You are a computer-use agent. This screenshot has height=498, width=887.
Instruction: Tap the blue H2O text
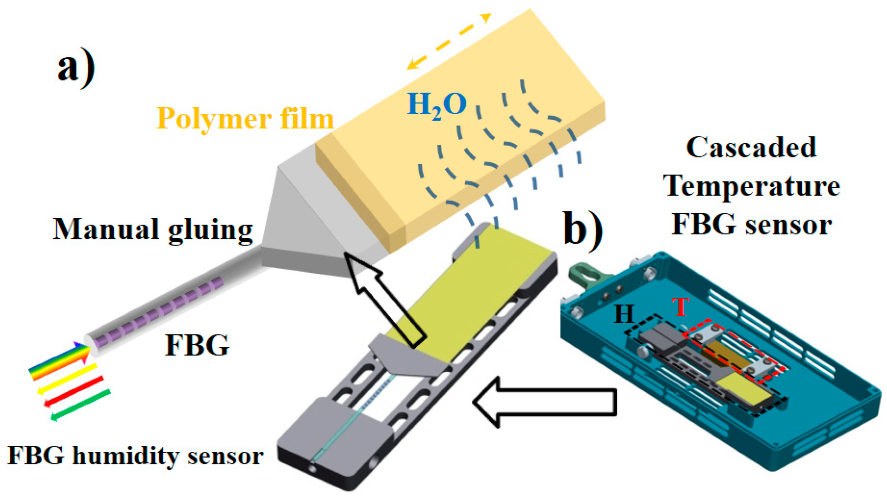[437, 105]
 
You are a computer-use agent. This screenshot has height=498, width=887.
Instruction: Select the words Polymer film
[245, 119]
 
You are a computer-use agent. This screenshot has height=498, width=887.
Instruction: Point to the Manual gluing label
[153, 229]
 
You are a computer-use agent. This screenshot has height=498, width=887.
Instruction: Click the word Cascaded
[751, 148]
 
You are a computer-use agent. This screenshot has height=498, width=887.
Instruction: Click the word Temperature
[751, 186]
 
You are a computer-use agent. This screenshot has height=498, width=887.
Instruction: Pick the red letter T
[681, 307]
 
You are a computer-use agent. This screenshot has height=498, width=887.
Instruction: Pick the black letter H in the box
[624, 314]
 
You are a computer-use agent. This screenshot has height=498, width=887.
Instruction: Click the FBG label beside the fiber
[197, 345]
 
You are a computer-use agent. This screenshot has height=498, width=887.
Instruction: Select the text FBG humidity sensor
[135, 456]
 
